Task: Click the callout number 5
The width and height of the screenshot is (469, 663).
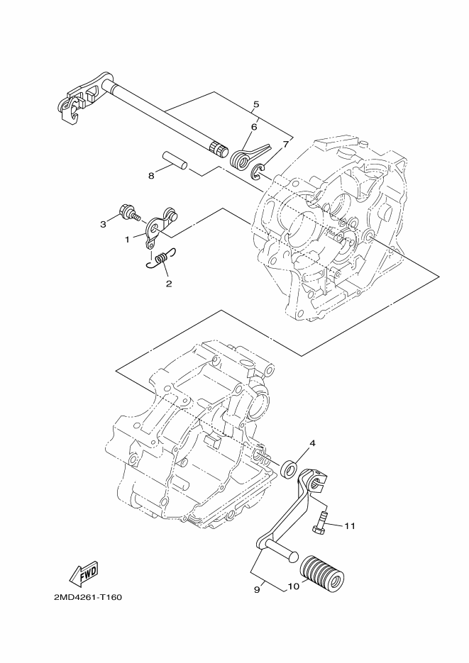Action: coord(255,104)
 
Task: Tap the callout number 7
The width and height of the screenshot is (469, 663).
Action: coord(285,144)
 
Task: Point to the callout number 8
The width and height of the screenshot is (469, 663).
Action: coord(151,176)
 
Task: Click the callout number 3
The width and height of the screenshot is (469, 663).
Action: coord(103,224)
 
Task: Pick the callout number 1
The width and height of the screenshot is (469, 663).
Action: coord(128,240)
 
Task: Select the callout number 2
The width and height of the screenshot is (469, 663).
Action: coord(168,283)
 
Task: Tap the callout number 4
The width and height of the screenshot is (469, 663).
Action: coord(311,444)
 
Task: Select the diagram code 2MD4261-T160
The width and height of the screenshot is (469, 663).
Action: coord(87,597)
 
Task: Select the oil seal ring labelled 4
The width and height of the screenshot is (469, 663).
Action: coord(288,469)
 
